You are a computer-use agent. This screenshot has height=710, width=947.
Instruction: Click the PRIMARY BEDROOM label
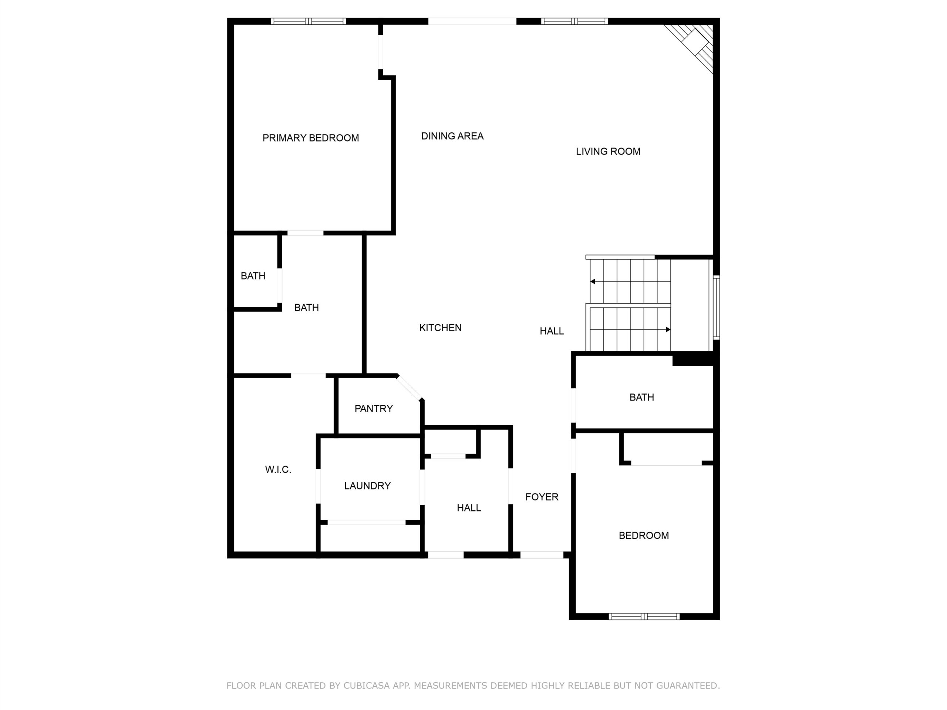click(310, 138)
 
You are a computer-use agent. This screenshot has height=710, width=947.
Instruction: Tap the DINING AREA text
click(452, 136)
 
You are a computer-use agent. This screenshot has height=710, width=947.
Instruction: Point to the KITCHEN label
click(440, 328)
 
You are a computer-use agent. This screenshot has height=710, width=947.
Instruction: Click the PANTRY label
click(373, 409)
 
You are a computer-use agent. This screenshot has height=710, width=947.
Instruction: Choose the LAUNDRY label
click(367, 486)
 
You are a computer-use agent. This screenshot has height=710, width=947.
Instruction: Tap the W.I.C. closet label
click(278, 470)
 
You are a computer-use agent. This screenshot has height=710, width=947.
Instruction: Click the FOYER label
click(542, 497)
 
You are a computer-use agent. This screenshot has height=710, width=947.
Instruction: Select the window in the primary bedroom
click(308, 21)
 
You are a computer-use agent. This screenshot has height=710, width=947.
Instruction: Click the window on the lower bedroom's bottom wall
click(644, 616)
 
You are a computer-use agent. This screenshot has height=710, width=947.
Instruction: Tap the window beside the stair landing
click(716, 308)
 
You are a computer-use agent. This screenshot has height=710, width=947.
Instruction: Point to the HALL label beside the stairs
click(552, 331)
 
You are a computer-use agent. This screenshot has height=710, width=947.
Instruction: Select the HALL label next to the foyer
click(469, 508)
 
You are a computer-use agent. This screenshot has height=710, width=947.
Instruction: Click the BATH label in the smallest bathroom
click(253, 276)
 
